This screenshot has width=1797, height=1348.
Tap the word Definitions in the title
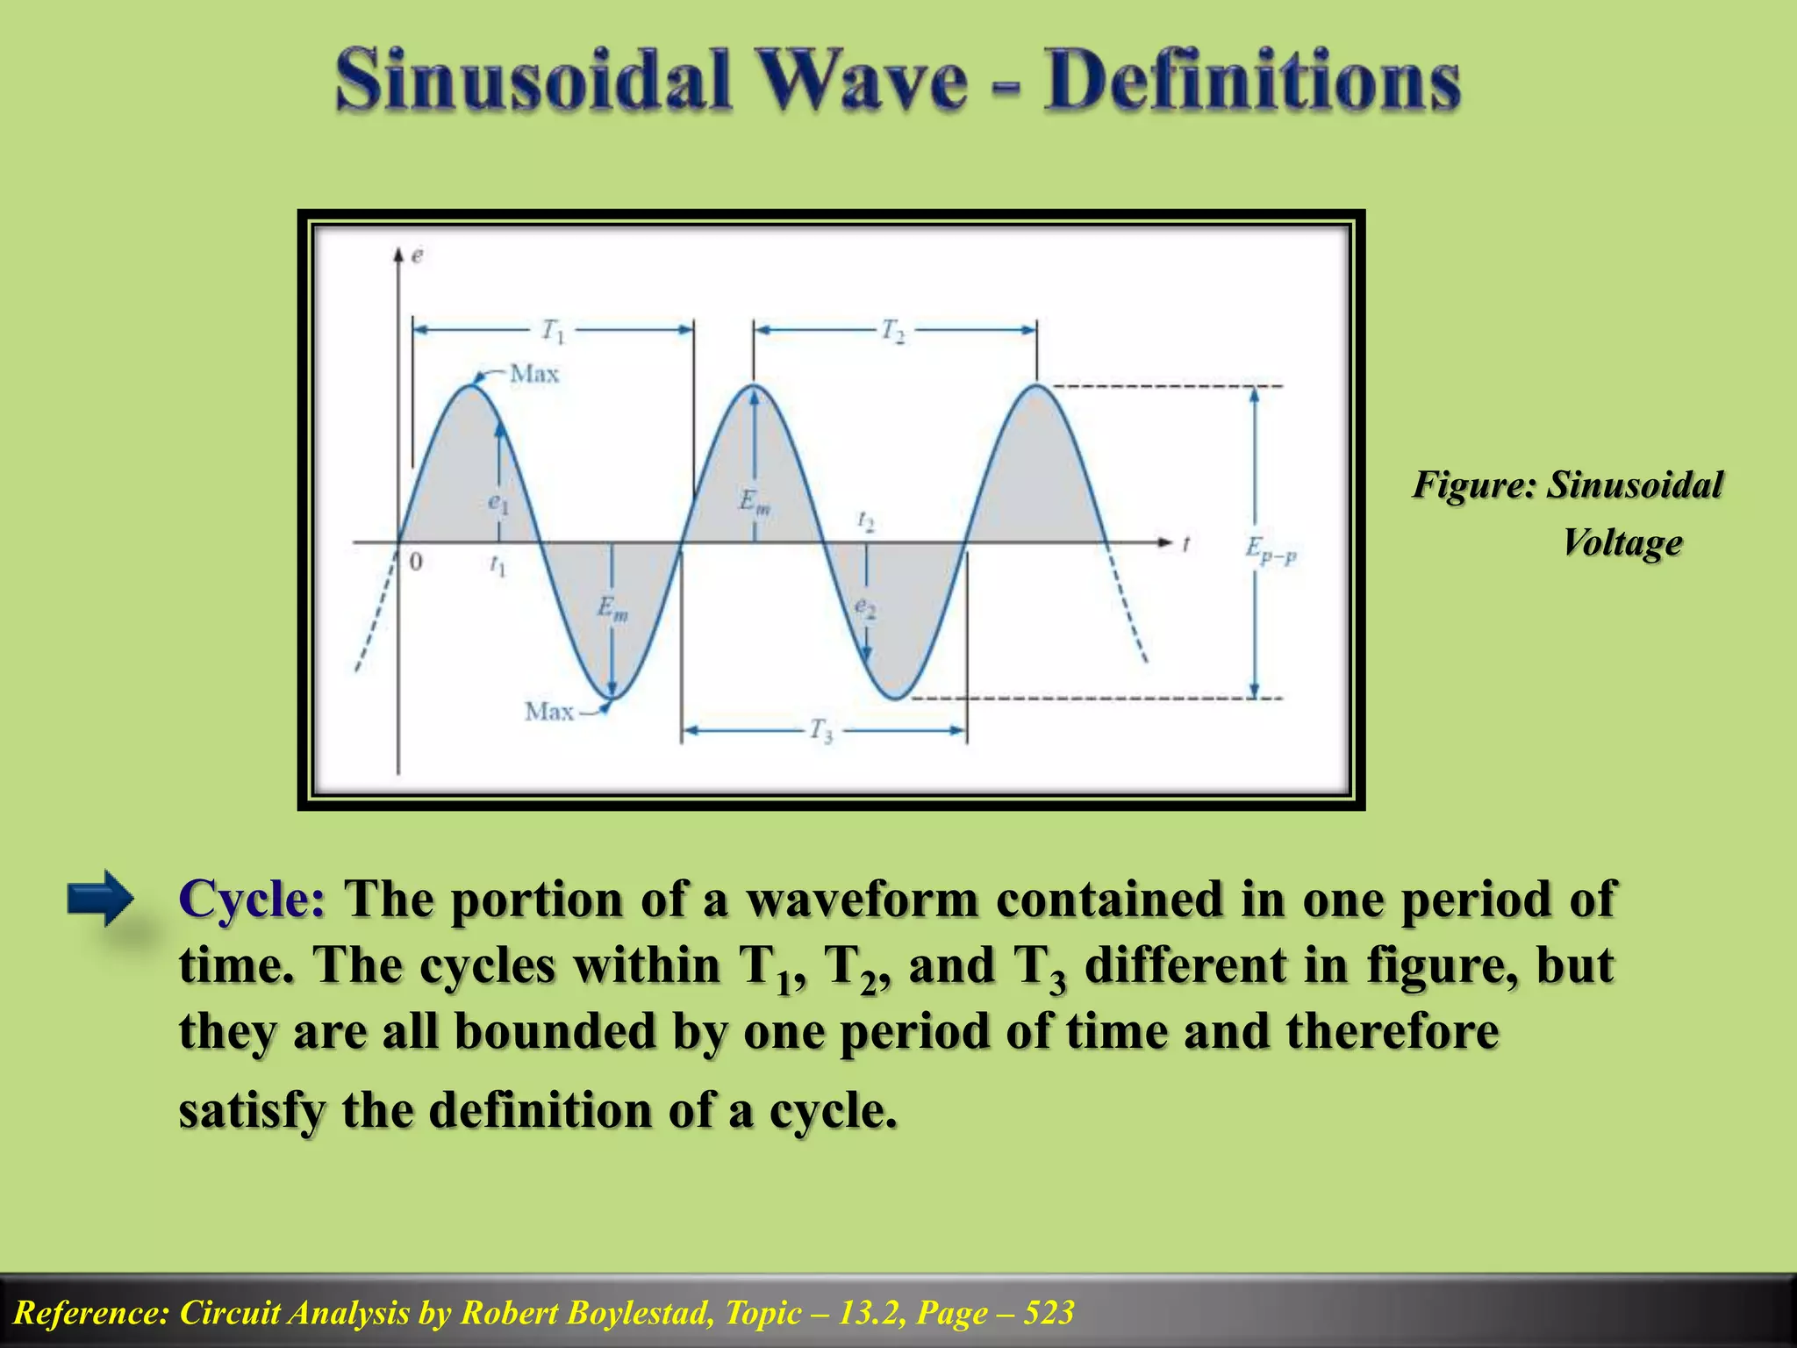pos(1251,81)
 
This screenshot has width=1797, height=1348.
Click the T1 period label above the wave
pos(554,331)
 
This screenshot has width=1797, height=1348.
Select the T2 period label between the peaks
pos(893,331)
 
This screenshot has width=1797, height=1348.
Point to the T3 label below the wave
pos(821,730)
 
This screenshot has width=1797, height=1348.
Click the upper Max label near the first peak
pos(534,374)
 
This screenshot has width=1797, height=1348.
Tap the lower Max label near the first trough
pos(549,711)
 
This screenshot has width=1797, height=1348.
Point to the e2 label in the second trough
pos(865,607)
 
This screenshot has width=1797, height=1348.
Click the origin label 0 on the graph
pos(416,562)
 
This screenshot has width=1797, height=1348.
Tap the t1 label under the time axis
pos(498,567)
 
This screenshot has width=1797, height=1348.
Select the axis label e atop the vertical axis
pos(417,255)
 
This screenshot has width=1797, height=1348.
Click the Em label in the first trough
pos(612,607)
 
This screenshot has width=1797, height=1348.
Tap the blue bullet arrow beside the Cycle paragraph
pos(100,898)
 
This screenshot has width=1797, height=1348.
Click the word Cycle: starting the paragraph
pos(253,899)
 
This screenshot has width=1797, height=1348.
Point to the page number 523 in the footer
pos(1049,1313)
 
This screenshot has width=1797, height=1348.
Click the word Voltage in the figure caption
pos(1622,542)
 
